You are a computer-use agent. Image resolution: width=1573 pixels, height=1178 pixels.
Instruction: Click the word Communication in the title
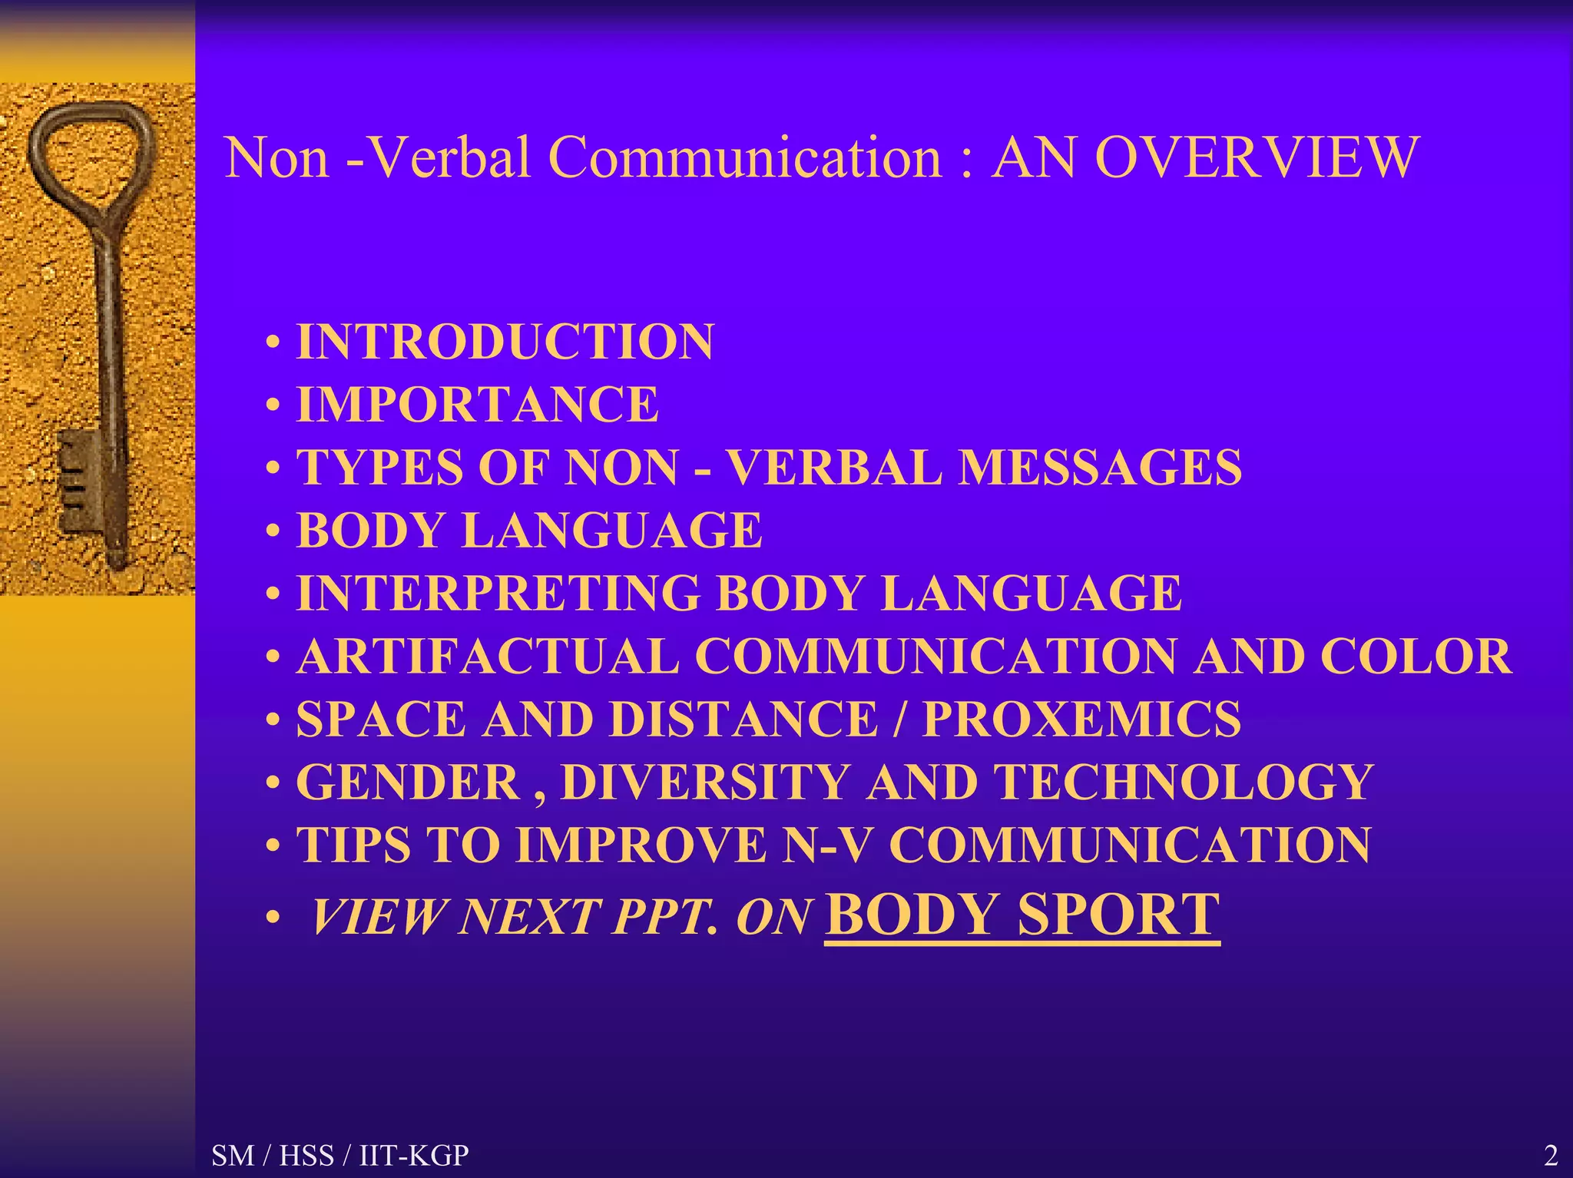point(745,157)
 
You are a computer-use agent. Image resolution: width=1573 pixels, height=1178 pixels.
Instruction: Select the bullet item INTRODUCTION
point(505,342)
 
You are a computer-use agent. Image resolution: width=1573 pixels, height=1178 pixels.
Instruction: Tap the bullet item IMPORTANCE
point(477,405)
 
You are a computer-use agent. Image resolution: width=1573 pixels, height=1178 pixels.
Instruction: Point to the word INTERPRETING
point(498,594)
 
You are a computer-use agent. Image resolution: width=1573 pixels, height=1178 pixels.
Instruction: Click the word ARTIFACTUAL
point(488,657)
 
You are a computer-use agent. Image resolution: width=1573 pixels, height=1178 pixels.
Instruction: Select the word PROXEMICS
point(1081,720)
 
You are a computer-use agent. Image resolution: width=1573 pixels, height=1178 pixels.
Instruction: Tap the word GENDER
point(408,783)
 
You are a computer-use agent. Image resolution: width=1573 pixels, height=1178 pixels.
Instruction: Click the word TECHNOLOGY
point(1184,783)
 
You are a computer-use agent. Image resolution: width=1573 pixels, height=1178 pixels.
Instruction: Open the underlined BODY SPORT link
point(1022,915)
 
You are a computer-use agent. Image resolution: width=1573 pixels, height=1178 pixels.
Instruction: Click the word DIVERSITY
point(704,783)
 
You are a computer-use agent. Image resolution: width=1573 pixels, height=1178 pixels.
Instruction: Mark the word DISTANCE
point(743,720)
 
